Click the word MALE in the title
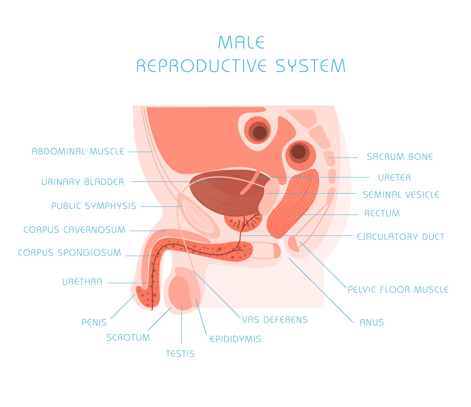coord(241,43)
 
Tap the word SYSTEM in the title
coord(310,66)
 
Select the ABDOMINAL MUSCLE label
coord(78,151)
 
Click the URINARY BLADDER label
coord(83,182)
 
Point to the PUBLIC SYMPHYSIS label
coord(94,206)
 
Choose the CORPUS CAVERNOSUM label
coord(75,230)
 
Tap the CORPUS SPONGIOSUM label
coord(69,253)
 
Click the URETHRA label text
coord(82,282)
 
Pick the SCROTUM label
coord(128,338)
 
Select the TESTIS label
coord(180,354)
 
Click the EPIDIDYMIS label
coord(235,339)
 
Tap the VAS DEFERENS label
coord(275,320)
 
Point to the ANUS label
coord(371,323)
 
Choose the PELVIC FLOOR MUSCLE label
coord(398,290)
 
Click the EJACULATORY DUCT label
coord(400,237)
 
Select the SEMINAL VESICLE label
coord(401,195)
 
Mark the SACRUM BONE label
coord(400,157)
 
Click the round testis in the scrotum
coord(181,292)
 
